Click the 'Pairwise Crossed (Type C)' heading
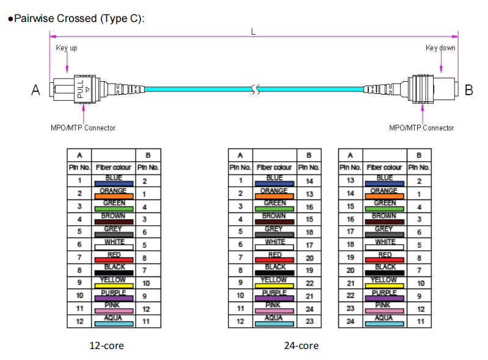(x=76, y=18)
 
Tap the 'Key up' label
(x=67, y=48)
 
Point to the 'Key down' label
(x=440, y=48)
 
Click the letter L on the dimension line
(x=253, y=32)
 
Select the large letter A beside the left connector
(x=35, y=91)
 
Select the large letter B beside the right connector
(x=468, y=91)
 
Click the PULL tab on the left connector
(x=80, y=90)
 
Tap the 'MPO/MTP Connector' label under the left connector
(x=83, y=128)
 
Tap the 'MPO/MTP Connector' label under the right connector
(x=421, y=128)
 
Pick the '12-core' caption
(x=106, y=345)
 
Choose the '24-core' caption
(x=301, y=345)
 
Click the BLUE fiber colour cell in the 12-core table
(x=114, y=181)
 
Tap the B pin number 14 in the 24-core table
(x=309, y=181)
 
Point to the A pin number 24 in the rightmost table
(x=351, y=322)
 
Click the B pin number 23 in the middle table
(x=309, y=322)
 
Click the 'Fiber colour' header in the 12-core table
(x=114, y=167)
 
